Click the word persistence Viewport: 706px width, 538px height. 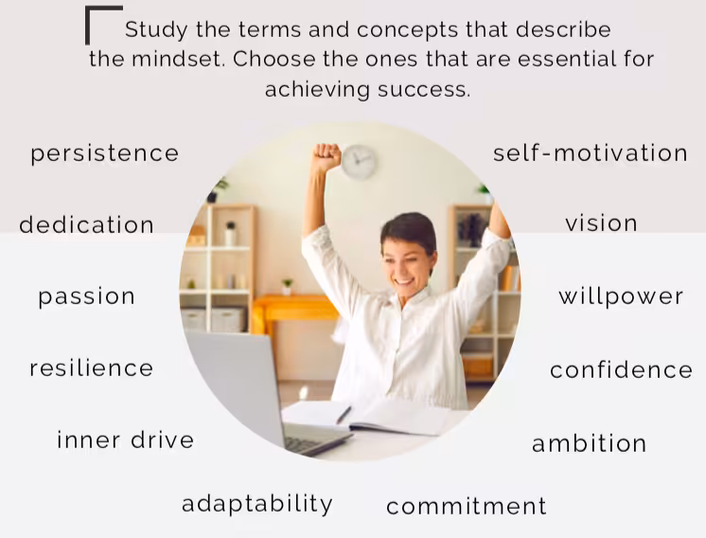click(x=104, y=154)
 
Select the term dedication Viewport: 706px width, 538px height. click(x=86, y=224)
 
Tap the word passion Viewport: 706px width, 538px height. click(x=86, y=297)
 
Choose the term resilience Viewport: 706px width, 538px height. click(x=92, y=368)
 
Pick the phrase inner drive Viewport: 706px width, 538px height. click(x=126, y=439)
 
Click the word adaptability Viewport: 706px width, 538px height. click(x=257, y=504)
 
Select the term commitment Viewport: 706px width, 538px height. click(x=467, y=506)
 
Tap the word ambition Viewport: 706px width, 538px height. click(x=589, y=443)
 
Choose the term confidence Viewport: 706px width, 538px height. click(x=621, y=369)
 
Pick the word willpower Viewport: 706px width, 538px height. click(x=621, y=296)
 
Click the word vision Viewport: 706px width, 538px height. click(x=601, y=223)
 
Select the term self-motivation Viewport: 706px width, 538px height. click(x=591, y=152)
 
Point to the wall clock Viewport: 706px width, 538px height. click(x=359, y=162)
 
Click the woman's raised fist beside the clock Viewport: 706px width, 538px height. click(x=327, y=157)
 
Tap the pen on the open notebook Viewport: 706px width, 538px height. click(x=344, y=415)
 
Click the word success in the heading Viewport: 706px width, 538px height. click(x=424, y=89)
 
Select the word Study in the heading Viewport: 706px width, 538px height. click(x=156, y=30)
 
